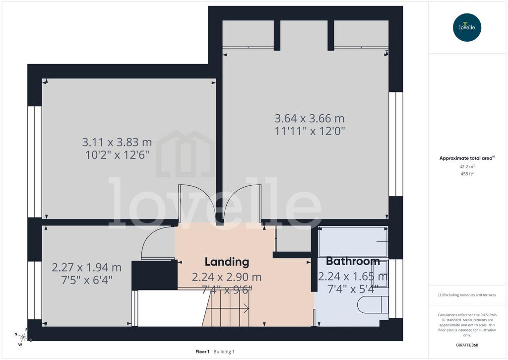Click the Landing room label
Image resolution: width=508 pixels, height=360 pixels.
point(227,262)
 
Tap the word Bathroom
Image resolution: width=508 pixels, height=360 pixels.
point(353,261)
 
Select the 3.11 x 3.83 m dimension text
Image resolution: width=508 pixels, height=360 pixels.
point(117,142)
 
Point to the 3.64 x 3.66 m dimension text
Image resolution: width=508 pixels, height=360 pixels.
point(310,118)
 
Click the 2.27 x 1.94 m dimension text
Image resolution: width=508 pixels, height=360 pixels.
point(87,268)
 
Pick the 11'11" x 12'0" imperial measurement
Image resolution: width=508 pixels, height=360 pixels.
point(310,132)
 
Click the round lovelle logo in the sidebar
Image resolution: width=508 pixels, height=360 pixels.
point(467,27)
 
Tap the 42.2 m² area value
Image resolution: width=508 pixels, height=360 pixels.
point(467,167)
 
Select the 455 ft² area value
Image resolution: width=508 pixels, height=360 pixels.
point(467,174)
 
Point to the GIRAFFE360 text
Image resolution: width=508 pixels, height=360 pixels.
point(467,345)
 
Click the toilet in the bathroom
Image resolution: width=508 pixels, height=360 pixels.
point(373,305)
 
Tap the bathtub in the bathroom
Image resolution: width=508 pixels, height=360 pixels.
point(353,242)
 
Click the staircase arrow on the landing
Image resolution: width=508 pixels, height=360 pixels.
point(227,308)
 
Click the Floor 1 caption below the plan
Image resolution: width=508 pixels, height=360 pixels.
point(202,352)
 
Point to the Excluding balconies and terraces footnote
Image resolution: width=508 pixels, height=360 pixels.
point(467,295)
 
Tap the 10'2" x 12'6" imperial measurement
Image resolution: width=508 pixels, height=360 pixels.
point(117,155)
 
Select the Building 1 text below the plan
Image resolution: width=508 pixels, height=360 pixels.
point(224,352)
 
